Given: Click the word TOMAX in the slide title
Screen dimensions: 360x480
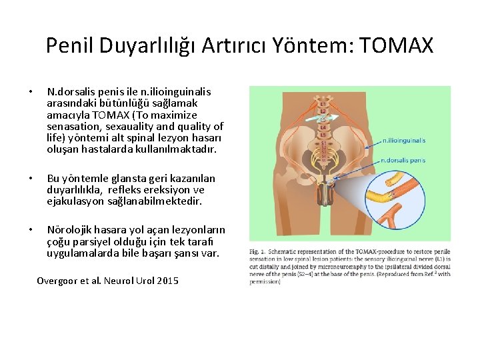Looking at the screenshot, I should point(397,45).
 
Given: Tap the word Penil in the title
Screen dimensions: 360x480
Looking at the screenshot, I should point(70,45).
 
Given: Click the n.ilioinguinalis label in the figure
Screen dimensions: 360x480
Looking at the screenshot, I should point(404,141).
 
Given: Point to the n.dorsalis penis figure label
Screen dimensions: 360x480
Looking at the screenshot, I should point(403,160).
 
